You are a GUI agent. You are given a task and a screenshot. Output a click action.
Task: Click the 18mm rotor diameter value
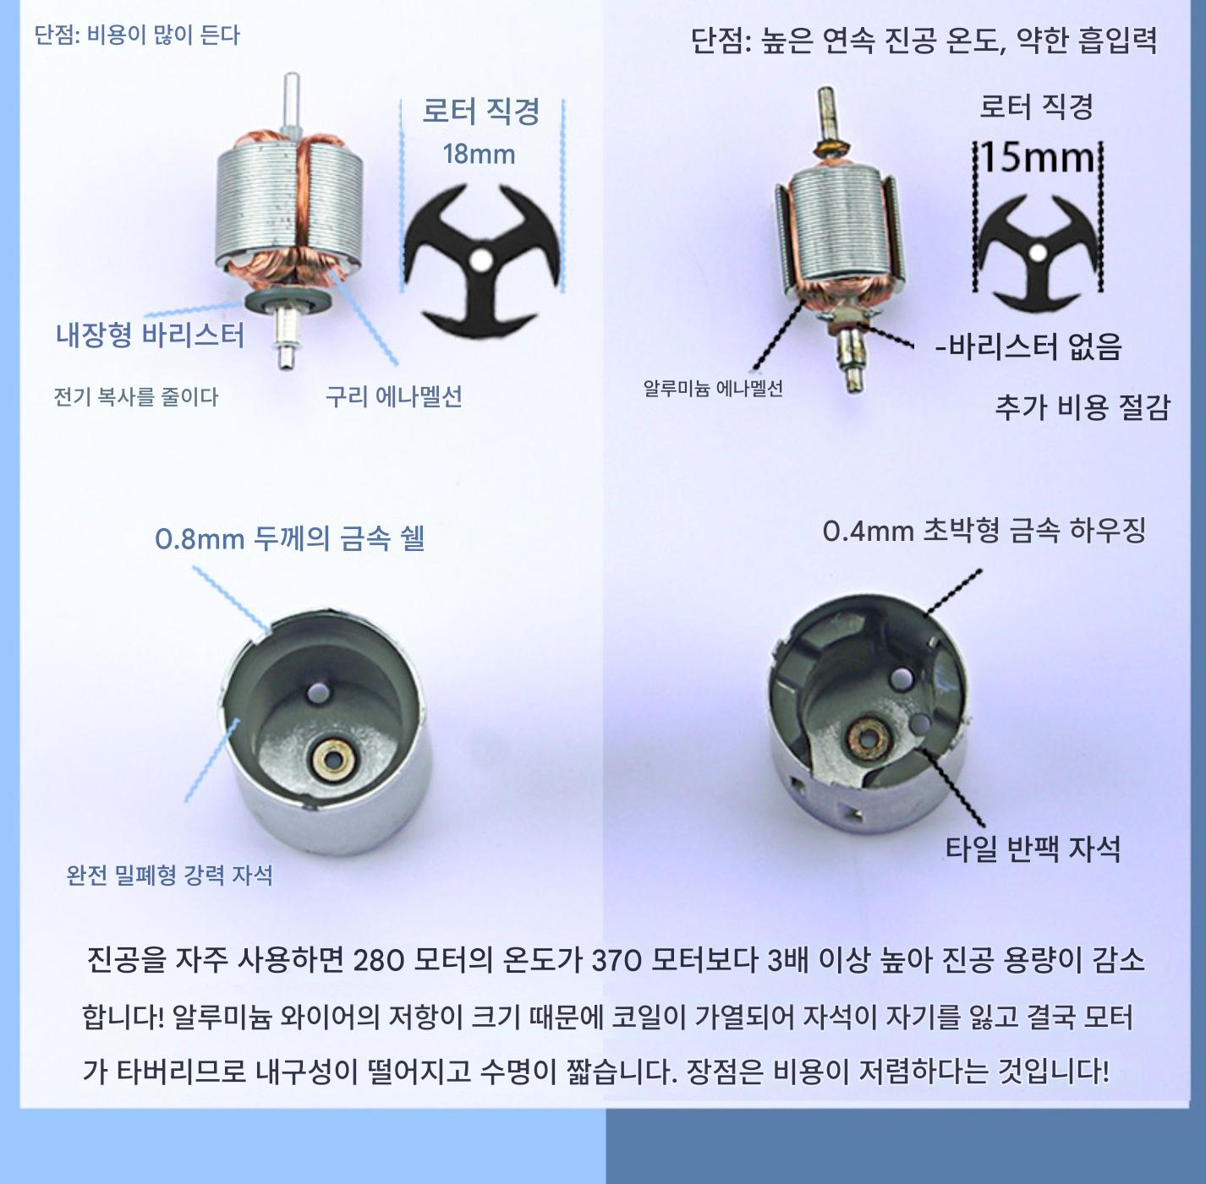(x=479, y=155)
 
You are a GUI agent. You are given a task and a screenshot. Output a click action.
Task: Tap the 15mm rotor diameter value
(x=1037, y=158)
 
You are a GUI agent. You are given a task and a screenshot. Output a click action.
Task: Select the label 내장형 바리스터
(x=151, y=335)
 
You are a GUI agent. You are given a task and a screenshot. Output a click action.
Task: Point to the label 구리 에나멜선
(x=393, y=396)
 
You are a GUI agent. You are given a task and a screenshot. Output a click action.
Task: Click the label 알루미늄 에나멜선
(x=714, y=389)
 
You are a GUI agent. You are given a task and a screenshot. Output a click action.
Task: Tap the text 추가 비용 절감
(x=1082, y=407)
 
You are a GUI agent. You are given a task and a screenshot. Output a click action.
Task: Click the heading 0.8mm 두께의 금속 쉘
(x=290, y=538)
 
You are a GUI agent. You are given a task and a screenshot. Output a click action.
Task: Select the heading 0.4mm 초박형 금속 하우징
(x=984, y=531)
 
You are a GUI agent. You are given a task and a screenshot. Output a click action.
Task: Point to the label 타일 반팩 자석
(x=1033, y=848)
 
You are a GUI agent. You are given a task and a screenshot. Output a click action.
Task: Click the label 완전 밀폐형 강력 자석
(x=170, y=875)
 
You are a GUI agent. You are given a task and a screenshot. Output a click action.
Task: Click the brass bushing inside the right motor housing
(x=869, y=740)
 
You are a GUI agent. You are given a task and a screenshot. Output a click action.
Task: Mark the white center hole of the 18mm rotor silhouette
(x=482, y=260)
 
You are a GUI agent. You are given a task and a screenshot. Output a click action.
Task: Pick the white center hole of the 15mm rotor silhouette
(x=1039, y=252)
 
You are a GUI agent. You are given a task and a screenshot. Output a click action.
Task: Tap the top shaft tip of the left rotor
(x=292, y=77)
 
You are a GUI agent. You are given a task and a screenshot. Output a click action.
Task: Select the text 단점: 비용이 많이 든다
(x=137, y=35)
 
